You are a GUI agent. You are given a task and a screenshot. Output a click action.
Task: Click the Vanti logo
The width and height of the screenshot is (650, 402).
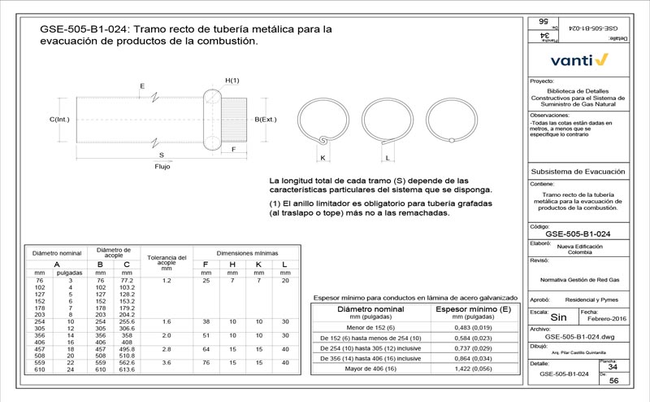(579, 60)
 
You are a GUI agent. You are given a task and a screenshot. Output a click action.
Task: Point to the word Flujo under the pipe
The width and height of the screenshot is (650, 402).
(162, 166)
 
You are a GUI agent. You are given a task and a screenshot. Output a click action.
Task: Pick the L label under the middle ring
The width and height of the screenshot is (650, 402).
(388, 157)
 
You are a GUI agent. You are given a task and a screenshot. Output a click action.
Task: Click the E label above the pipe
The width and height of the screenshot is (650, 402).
(142, 85)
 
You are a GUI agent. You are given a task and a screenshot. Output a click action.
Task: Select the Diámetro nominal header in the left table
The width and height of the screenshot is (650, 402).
(57, 253)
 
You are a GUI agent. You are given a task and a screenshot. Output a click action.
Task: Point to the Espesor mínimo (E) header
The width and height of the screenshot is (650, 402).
(473, 310)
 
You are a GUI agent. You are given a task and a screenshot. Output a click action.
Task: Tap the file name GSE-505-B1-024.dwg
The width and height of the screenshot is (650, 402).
(578, 335)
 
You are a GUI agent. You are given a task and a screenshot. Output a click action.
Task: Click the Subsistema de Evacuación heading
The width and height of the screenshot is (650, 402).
(577, 172)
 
